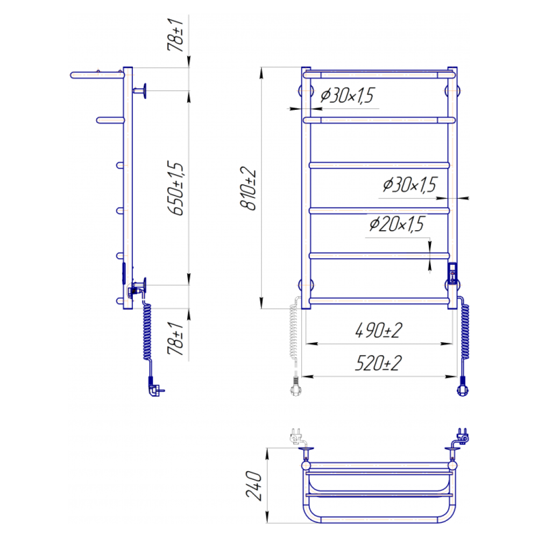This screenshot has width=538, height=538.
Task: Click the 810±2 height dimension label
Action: point(248,188)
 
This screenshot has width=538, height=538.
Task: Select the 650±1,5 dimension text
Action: point(175,188)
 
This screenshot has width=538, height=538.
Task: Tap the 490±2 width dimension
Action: point(378,330)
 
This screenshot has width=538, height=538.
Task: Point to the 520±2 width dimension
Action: point(378,363)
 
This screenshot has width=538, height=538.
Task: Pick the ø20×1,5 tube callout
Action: point(397,224)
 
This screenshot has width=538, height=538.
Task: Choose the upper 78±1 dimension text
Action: point(175,36)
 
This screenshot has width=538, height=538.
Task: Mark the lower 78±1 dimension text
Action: point(175,338)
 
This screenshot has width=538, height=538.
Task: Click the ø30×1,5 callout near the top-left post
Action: point(347,95)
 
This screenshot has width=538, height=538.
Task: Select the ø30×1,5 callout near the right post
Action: point(409,185)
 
